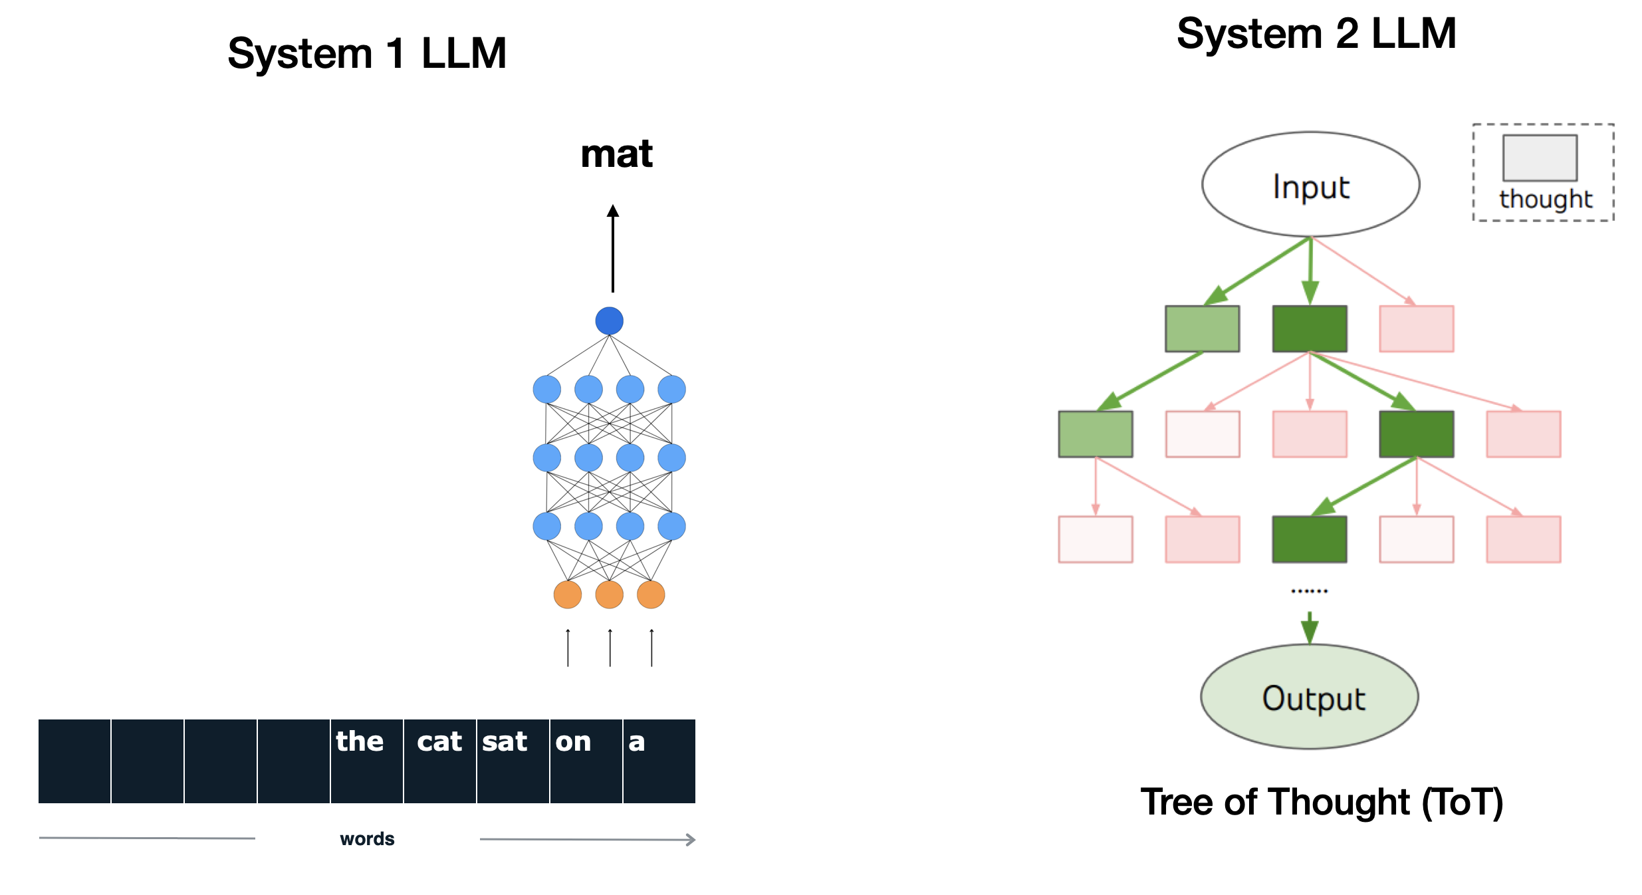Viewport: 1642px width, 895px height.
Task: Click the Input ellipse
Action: [1310, 184]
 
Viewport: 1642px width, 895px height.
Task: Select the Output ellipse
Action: [1309, 696]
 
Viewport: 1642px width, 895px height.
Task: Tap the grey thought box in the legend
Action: [1540, 158]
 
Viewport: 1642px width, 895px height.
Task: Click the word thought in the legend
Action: [1546, 198]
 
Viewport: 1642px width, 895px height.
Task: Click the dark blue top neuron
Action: [609, 320]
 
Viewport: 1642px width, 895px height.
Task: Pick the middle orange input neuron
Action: [609, 594]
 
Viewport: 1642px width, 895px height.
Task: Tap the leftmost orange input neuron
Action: [567, 594]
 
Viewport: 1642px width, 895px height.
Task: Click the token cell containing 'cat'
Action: [439, 761]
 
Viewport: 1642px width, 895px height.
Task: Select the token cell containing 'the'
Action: [366, 761]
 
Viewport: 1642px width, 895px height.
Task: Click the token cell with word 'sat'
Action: [513, 761]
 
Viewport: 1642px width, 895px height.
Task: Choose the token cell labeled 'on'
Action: [586, 761]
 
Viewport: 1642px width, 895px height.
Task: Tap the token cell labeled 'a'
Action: [659, 761]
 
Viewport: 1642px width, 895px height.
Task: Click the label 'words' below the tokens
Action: [367, 838]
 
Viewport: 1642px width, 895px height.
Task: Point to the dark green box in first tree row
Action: [1309, 328]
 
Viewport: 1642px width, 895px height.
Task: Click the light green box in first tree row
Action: [1202, 328]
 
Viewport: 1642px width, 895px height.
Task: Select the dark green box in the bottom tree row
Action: [1309, 539]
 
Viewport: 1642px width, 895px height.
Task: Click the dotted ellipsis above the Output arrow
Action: [1309, 590]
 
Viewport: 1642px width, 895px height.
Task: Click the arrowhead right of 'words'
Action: [691, 839]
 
